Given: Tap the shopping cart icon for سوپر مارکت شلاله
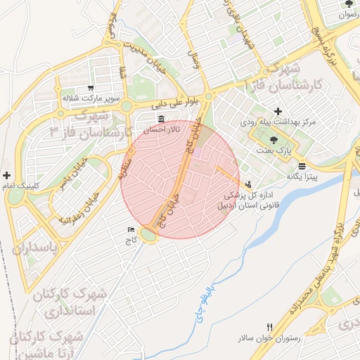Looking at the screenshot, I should [x=91, y=87].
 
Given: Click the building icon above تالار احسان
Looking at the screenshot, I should [x=162, y=118].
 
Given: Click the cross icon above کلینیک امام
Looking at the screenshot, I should [x=7, y=175].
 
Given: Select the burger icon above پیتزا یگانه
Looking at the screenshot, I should [x=302, y=167].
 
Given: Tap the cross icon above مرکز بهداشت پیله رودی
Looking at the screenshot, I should [x=278, y=111].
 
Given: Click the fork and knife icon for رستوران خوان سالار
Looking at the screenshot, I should [x=270, y=328].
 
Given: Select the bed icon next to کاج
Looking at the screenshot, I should [x=130, y=230].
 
